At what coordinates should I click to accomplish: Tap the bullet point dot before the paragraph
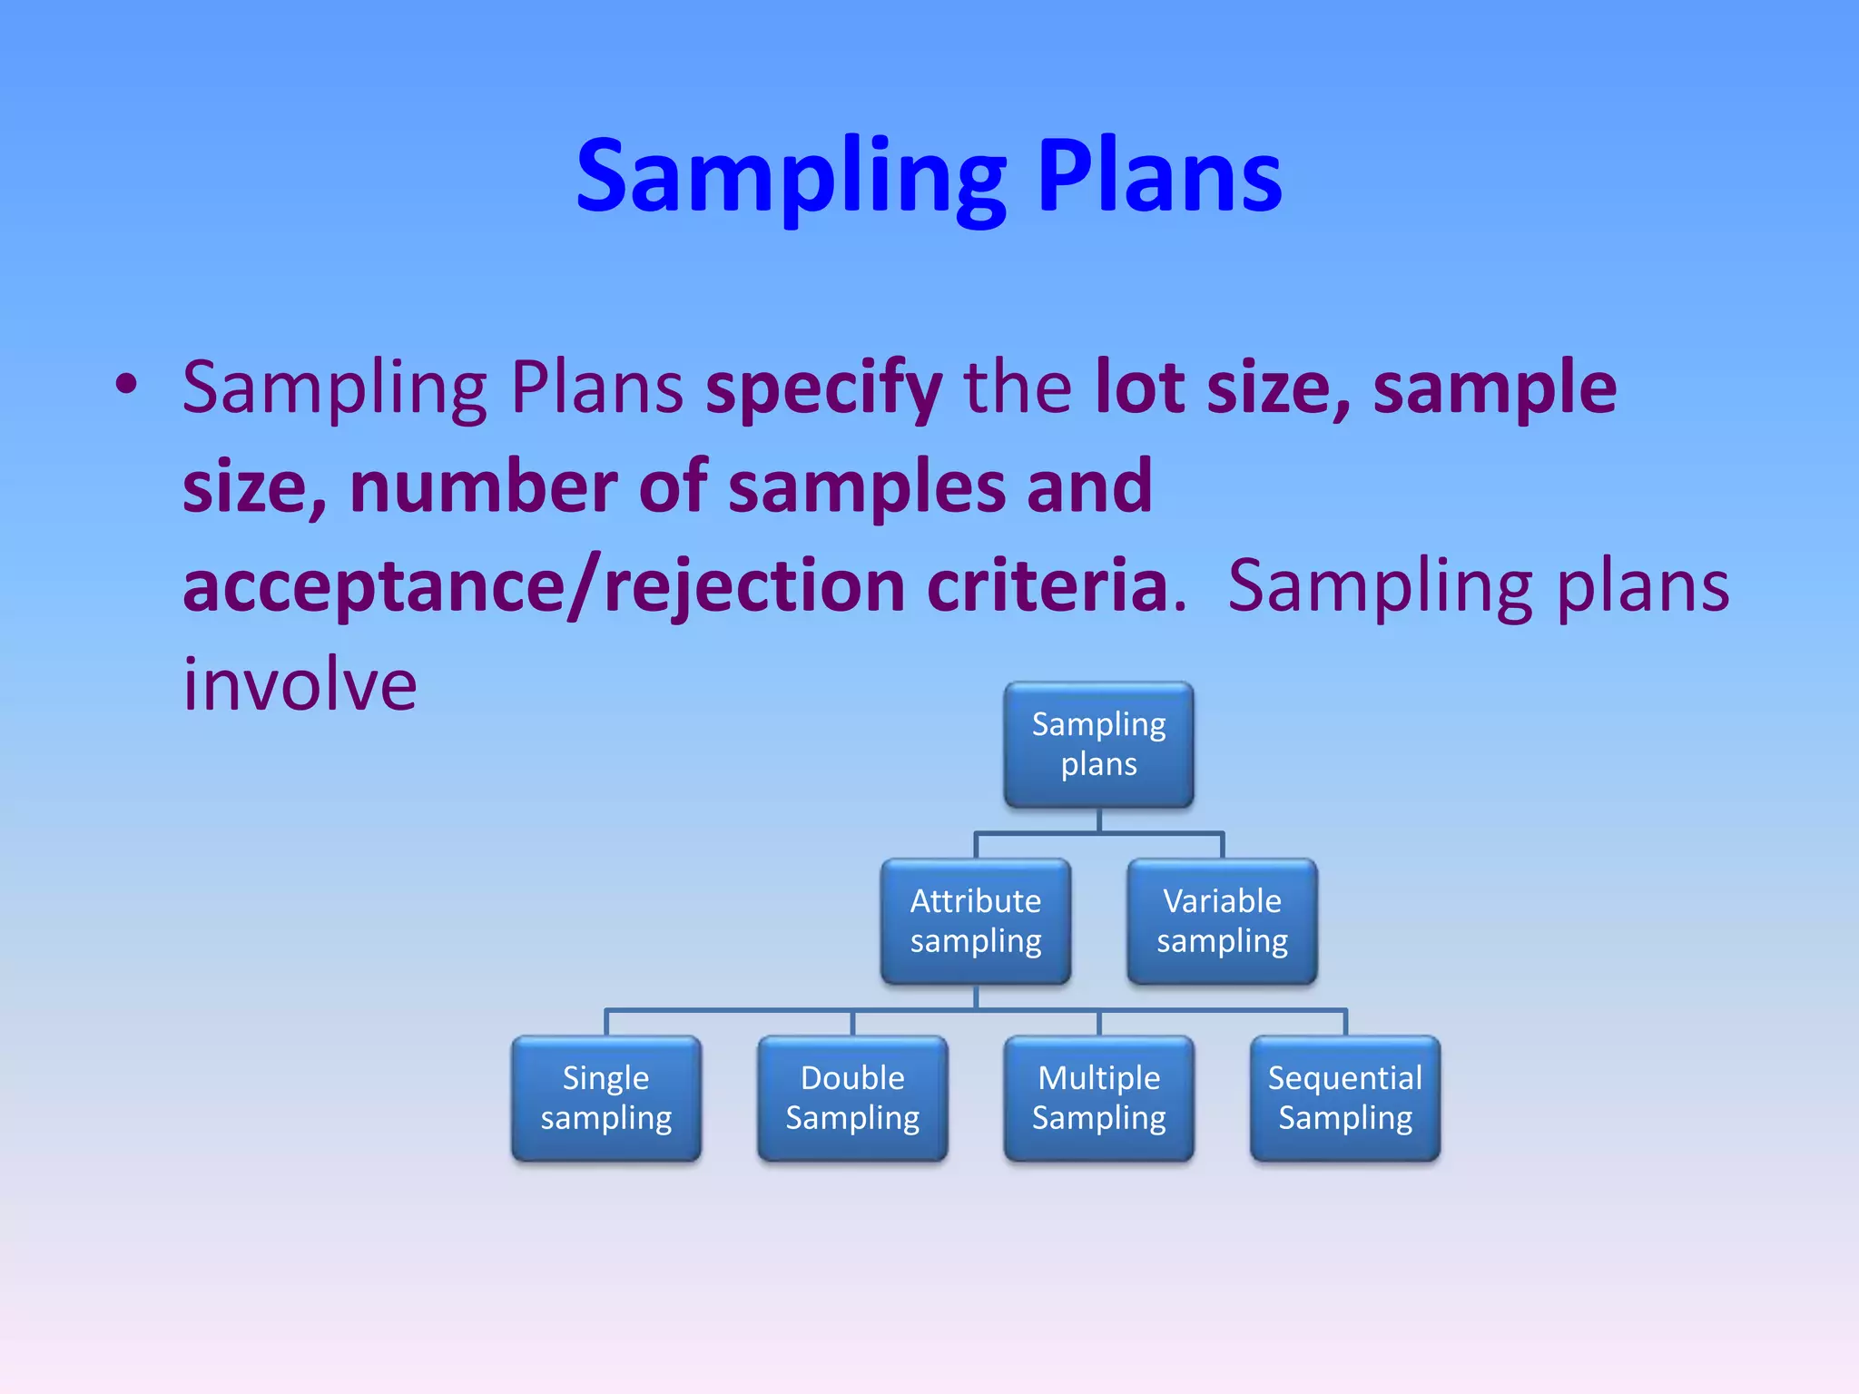pyautogui.click(x=126, y=385)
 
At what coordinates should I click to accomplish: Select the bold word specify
pyautogui.click(x=823, y=388)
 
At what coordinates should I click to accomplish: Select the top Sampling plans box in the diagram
pyautogui.click(x=1098, y=745)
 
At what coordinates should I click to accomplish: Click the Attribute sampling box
pyautogui.click(x=976, y=921)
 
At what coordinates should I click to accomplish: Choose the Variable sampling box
pyautogui.click(x=1222, y=921)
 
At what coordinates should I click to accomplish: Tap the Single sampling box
pyautogui.click(x=605, y=1098)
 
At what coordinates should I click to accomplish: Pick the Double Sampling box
pyautogui.click(x=852, y=1098)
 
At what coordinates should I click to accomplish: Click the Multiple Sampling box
pyautogui.click(x=1098, y=1098)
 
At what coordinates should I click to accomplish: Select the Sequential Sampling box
pyautogui.click(x=1345, y=1098)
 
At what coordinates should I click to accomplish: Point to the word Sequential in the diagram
pyautogui.click(x=1345, y=1078)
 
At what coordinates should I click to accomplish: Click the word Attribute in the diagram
pyautogui.click(x=976, y=901)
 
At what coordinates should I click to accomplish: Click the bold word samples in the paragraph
pyautogui.click(x=866, y=486)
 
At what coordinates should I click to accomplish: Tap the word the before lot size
pyautogui.click(x=1018, y=387)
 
